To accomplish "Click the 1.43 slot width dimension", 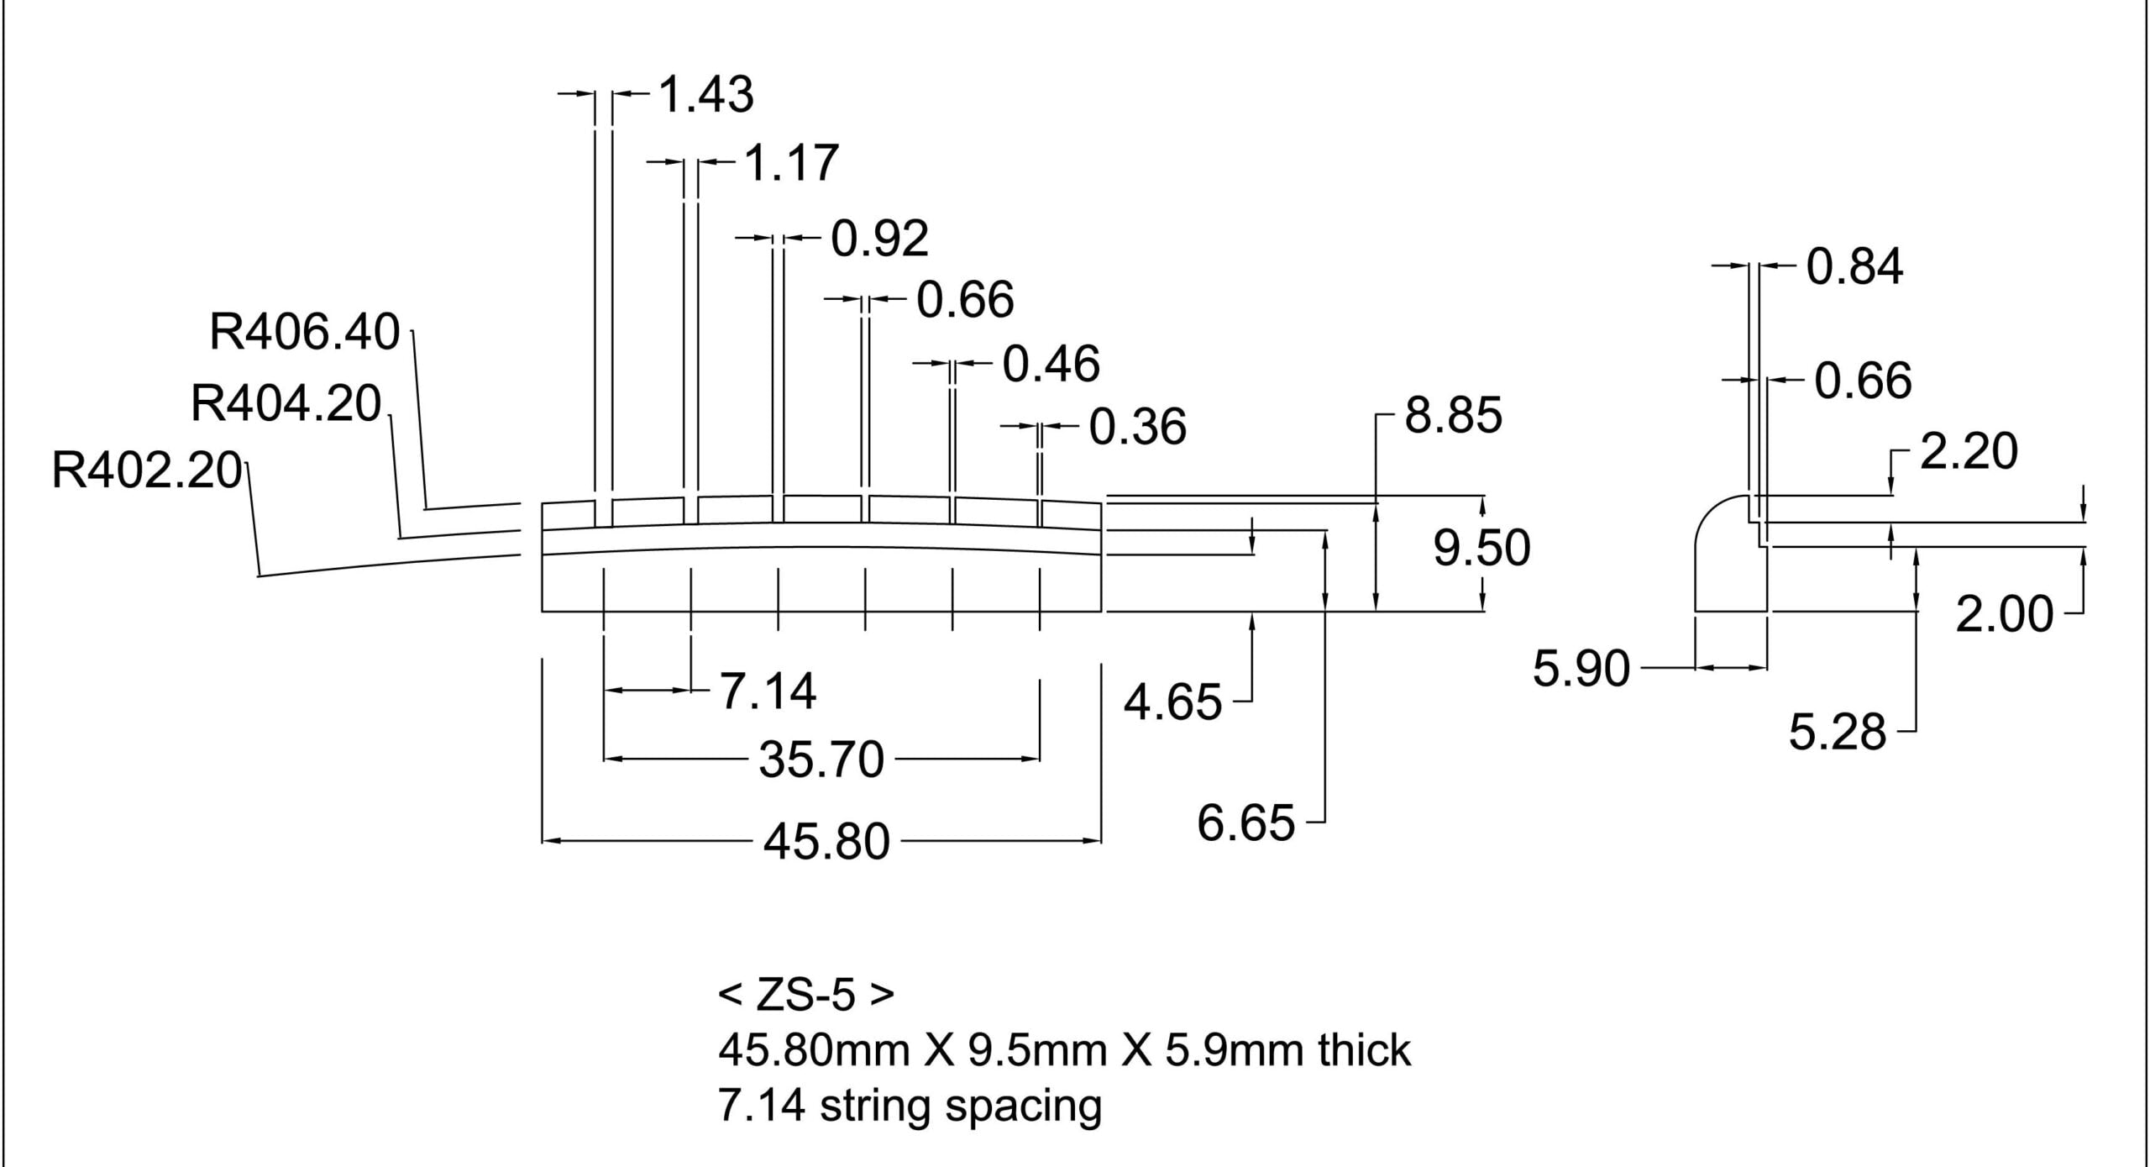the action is coord(706,94).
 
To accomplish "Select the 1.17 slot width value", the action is coord(791,163).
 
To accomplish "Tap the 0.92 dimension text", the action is coord(880,239).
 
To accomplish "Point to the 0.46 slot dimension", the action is coord(1051,364).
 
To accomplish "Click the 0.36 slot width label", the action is coord(1138,427).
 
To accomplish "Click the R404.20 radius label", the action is coord(286,404).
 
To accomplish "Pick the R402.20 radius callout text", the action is coord(147,470).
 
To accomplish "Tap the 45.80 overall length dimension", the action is coord(826,842).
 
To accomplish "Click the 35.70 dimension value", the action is coord(822,760).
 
